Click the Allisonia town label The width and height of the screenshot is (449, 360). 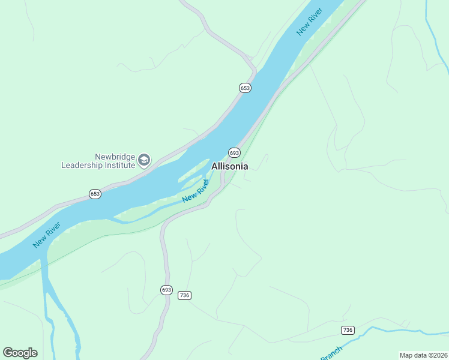click(229, 166)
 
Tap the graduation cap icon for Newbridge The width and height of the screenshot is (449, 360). click(144, 160)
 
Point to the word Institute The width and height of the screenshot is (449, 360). click(119, 164)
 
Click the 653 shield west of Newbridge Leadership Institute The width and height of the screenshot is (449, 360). click(95, 194)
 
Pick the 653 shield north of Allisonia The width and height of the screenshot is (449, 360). click(245, 88)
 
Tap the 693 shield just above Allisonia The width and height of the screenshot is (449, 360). click(234, 152)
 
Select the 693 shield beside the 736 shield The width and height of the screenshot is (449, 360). click(166, 290)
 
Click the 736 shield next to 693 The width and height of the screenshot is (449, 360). click(184, 295)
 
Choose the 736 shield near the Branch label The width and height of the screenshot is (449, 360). click(347, 330)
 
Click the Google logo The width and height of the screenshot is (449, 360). click(20, 353)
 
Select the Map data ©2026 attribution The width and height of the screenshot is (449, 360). click(423, 355)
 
